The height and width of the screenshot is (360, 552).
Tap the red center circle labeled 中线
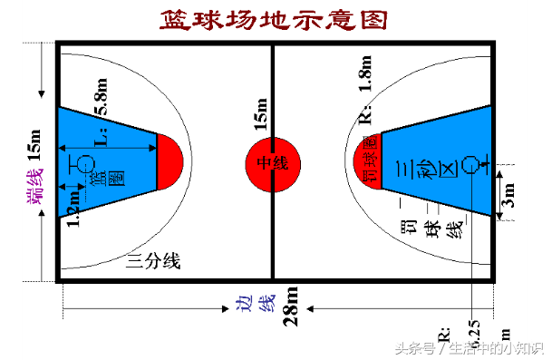coord(273,163)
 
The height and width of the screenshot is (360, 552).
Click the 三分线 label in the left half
coord(153,262)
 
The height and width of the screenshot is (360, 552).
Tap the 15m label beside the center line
coord(261,117)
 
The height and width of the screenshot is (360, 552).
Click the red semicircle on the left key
coord(169,161)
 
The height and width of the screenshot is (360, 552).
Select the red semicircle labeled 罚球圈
coord(367,161)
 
